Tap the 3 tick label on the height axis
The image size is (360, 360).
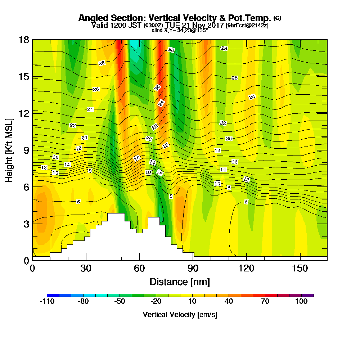[x=26, y=224]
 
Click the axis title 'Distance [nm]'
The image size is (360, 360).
[x=180, y=282]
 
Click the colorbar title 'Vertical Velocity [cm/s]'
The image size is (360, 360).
[x=180, y=315]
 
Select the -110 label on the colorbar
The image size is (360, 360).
[x=47, y=302]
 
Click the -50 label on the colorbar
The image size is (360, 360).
[x=120, y=302]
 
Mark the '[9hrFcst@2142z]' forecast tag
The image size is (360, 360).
[x=247, y=26]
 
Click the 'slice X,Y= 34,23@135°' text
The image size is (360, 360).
[x=180, y=31]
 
